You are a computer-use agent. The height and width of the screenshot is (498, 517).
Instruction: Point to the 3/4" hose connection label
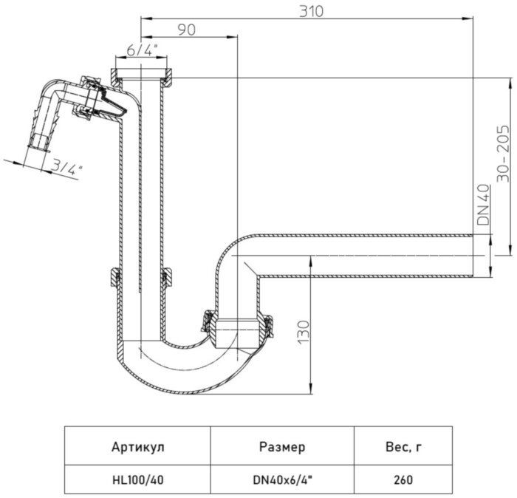(68, 168)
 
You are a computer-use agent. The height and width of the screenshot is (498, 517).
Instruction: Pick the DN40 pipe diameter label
(484, 205)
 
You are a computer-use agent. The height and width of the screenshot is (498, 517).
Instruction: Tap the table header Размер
(282, 446)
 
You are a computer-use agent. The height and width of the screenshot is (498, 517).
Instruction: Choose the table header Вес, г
(403, 446)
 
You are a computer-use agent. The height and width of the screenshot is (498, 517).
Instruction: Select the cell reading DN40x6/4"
(282, 480)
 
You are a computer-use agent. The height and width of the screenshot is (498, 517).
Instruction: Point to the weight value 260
(403, 480)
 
